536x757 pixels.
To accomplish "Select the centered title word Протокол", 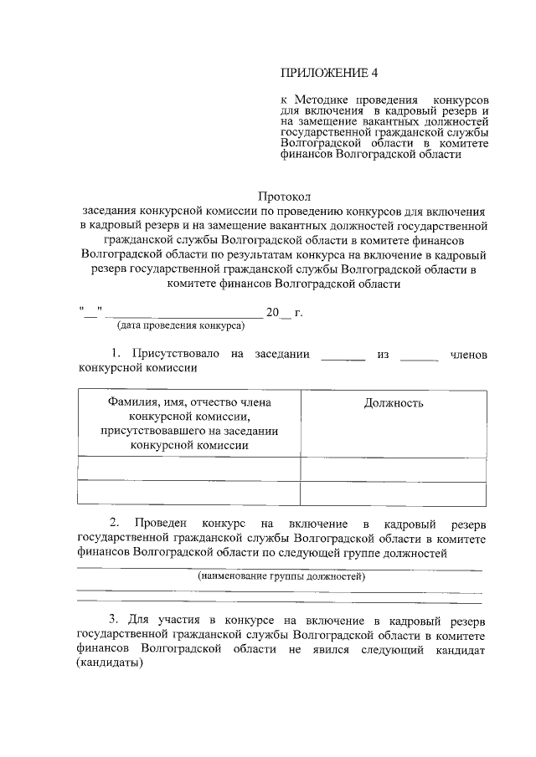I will (x=284, y=197).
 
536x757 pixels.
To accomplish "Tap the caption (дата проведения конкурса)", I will (x=180, y=325).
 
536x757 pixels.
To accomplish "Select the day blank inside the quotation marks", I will (x=90, y=313).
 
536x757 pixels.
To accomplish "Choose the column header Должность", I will (x=393, y=403).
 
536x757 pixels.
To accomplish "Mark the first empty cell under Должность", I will (x=393, y=468).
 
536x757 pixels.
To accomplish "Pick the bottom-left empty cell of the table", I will (x=189, y=494).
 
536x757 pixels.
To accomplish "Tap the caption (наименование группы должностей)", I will (x=281, y=577).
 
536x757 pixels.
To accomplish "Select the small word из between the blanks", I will (x=384, y=355).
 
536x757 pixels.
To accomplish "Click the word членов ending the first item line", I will (x=468, y=355).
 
